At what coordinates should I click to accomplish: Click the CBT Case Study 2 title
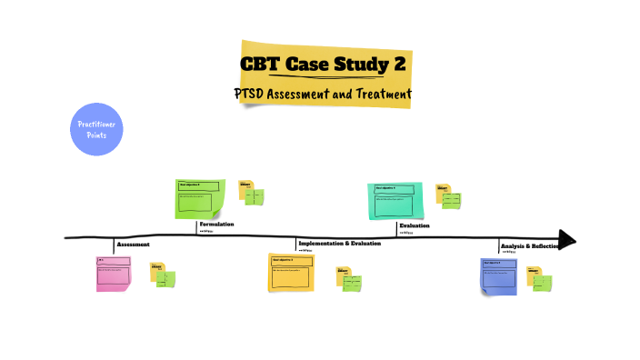pyautogui.click(x=324, y=65)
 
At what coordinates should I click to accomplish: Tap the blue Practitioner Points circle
pyautogui.click(x=95, y=129)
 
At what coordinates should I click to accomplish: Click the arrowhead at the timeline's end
pyautogui.click(x=566, y=240)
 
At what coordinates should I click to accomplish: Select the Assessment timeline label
pyautogui.click(x=134, y=245)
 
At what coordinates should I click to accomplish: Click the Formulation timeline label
pyautogui.click(x=216, y=224)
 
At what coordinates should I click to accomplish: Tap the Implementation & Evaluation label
pyautogui.click(x=339, y=244)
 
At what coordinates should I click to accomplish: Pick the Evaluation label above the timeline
pyautogui.click(x=414, y=225)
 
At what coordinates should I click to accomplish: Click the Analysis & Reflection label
pyautogui.click(x=530, y=246)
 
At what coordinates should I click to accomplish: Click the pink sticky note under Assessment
pyautogui.click(x=114, y=274)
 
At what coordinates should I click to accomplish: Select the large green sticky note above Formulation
pyautogui.click(x=199, y=198)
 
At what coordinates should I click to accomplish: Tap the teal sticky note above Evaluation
pyautogui.click(x=395, y=200)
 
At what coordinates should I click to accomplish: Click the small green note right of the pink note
pyautogui.click(x=166, y=279)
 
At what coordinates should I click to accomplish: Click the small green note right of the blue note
pyautogui.click(x=542, y=283)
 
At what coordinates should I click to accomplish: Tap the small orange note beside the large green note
pyautogui.click(x=245, y=188)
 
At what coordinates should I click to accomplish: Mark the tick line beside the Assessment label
pyautogui.click(x=114, y=245)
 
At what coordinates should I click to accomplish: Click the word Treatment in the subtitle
pyautogui.click(x=381, y=94)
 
